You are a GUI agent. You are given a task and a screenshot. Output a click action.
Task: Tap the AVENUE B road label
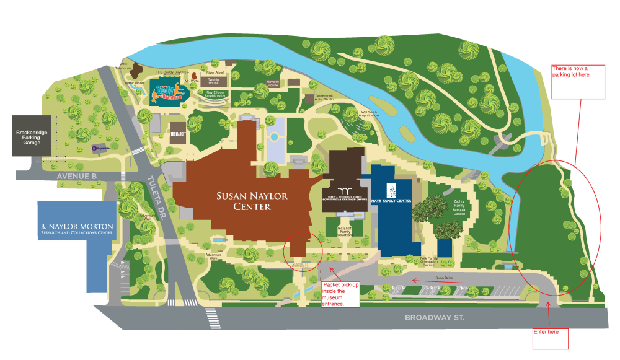(x=76, y=175)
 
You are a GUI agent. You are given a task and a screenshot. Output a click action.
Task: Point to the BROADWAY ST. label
(x=435, y=317)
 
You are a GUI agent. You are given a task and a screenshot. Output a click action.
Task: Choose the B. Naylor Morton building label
(x=77, y=229)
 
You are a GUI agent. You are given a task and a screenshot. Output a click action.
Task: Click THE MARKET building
(x=177, y=133)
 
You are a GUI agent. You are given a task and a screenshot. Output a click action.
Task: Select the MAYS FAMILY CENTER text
(x=391, y=200)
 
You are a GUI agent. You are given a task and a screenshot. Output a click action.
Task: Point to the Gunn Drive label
(x=445, y=279)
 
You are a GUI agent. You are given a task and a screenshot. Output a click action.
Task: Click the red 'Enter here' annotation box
(x=551, y=338)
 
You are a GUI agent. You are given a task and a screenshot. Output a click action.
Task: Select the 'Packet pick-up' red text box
(x=341, y=294)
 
